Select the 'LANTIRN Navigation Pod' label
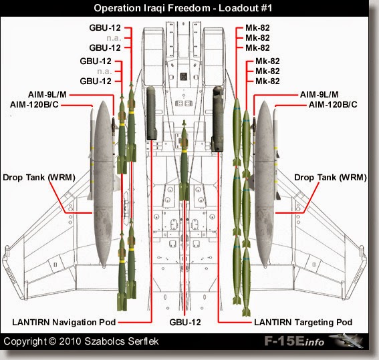click(x=65, y=322)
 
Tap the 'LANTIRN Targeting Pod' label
click(x=303, y=322)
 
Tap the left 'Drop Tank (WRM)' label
click(x=39, y=177)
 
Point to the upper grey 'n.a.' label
click(x=110, y=39)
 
